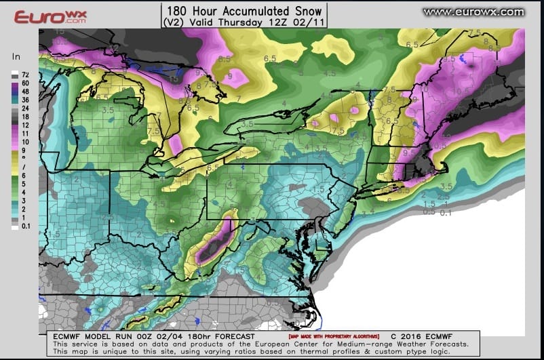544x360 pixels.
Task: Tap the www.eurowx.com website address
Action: coord(473,12)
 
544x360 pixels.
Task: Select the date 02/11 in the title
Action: coord(307,22)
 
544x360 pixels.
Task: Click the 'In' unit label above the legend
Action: coord(16,57)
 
